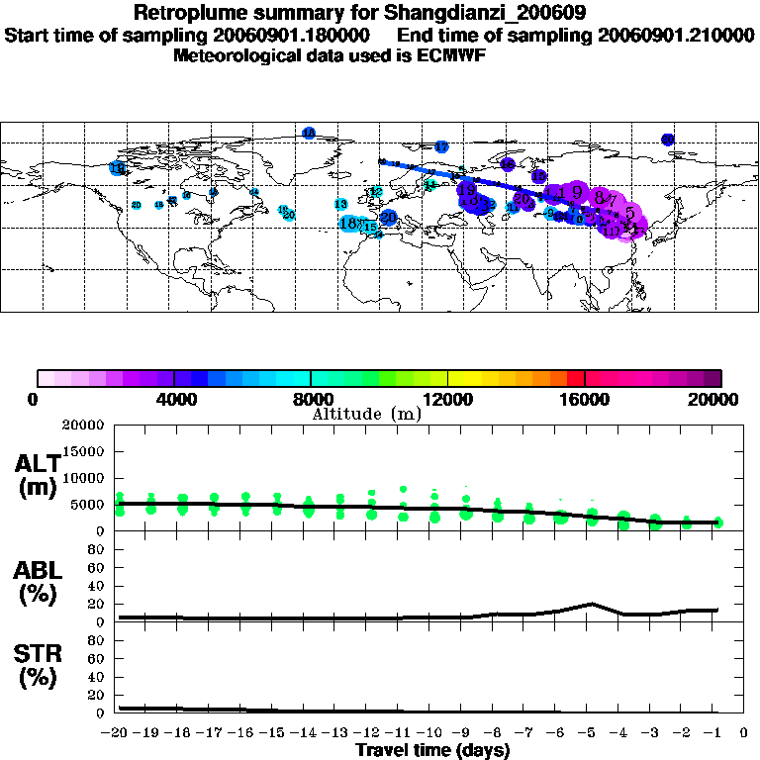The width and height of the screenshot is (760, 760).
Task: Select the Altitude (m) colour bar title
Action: pyautogui.click(x=366, y=414)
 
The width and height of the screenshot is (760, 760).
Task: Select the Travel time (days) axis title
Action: pyautogui.click(x=431, y=750)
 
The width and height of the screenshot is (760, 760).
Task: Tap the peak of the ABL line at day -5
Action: pyautogui.click(x=592, y=603)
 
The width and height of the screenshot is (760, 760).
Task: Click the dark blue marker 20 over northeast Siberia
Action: pyautogui.click(x=668, y=141)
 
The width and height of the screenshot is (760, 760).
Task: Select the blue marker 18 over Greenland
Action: pyautogui.click(x=309, y=134)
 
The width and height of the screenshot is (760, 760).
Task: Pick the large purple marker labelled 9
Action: pyautogui.click(x=575, y=193)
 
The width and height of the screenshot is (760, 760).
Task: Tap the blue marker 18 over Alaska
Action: pyautogui.click(x=117, y=169)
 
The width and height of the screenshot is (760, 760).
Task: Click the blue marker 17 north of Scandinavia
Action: pyautogui.click(x=441, y=146)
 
